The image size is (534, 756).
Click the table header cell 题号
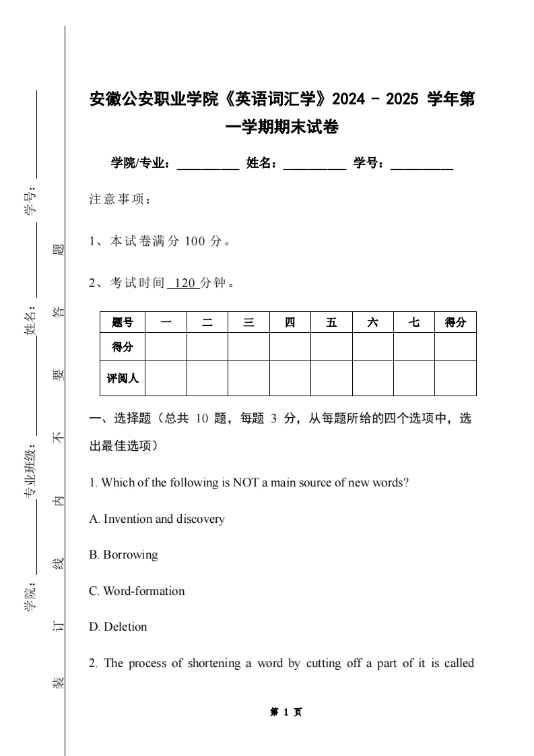tap(122, 323)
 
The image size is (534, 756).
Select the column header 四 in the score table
tap(290, 323)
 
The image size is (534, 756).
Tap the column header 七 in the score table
tap(413, 323)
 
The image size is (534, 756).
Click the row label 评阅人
tap(122, 378)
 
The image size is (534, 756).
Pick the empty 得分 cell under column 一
tap(166, 347)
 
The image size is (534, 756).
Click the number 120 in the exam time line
tap(184, 283)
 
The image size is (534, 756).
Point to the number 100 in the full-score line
tap(194, 241)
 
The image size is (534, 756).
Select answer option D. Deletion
tap(118, 627)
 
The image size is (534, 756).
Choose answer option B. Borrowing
tap(123, 555)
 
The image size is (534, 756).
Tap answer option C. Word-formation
tap(137, 591)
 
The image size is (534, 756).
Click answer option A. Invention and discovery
tap(157, 519)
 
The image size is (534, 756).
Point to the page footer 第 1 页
tap(286, 712)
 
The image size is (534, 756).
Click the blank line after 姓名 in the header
tap(314, 164)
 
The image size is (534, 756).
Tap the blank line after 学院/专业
tap(207, 164)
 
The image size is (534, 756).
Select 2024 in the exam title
tap(349, 100)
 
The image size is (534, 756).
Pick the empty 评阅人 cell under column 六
tap(372, 378)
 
